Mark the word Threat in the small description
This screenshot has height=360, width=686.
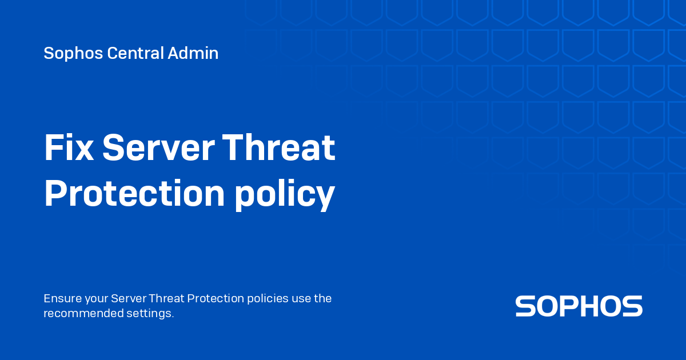point(166,298)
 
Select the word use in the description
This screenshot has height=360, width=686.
point(301,298)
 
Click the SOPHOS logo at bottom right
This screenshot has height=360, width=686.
point(579,306)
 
